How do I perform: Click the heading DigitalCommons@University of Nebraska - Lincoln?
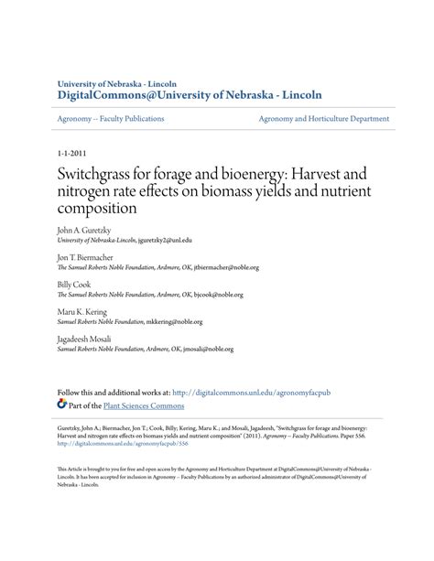point(190,94)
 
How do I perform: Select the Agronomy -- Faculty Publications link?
point(111,119)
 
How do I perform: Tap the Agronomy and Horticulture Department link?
point(323,119)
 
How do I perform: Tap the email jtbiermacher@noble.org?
point(226,268)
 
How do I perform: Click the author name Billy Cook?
point(76,285)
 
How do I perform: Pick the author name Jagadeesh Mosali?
point(89,339)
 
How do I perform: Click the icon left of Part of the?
point(62,404)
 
